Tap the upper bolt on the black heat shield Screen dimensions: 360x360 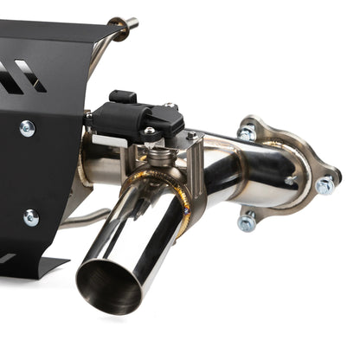click(x=28, y=128)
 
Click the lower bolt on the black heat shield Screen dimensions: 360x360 click(x=30, y=217)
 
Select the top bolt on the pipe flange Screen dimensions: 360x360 click(x=247, y=133)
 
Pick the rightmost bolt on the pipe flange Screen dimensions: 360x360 click(x=325, y=185)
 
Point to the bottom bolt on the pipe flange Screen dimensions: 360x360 click(x=247, y=222)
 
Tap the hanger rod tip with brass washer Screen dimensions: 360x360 click(x=131, y=23)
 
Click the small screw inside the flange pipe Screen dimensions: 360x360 click(x=291, y=181)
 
